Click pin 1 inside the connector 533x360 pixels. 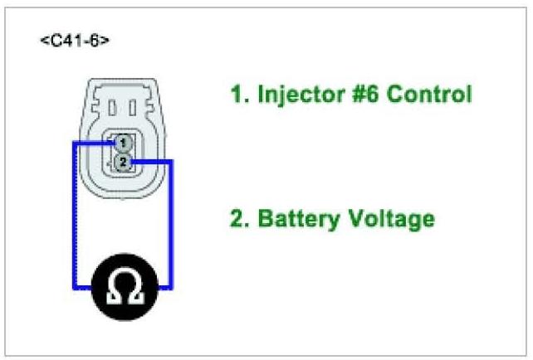click(x=122, y=143)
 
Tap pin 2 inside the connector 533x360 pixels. click(x=123, y=161)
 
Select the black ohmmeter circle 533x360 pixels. click(x=125, y=287)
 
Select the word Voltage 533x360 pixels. click(x=389, y=220)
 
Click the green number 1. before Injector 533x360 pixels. click(x=238, y=95)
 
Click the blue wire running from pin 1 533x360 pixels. click(x=74, y=216)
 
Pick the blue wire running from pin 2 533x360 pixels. click(x=172, y=224)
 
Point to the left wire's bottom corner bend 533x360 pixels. click(x=74, y=287)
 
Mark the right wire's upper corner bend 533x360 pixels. click(x=172, y=161)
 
